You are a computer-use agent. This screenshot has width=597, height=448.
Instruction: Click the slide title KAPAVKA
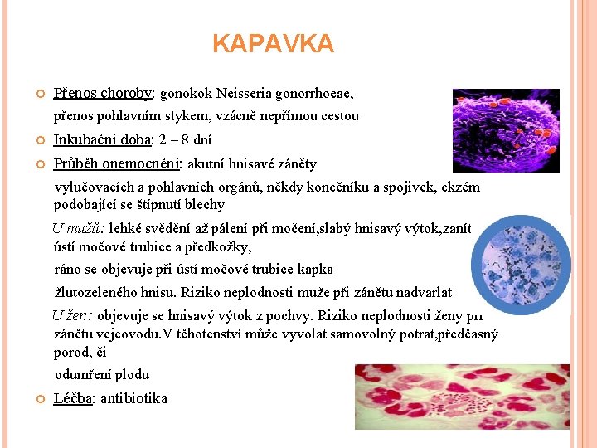[273, 43]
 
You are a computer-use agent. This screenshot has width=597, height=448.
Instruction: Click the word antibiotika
[133, 398]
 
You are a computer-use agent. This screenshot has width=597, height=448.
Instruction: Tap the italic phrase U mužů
[73, 227]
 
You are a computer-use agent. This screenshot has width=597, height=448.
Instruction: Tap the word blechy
[205, 204]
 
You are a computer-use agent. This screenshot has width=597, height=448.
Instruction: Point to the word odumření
[82, 374]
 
